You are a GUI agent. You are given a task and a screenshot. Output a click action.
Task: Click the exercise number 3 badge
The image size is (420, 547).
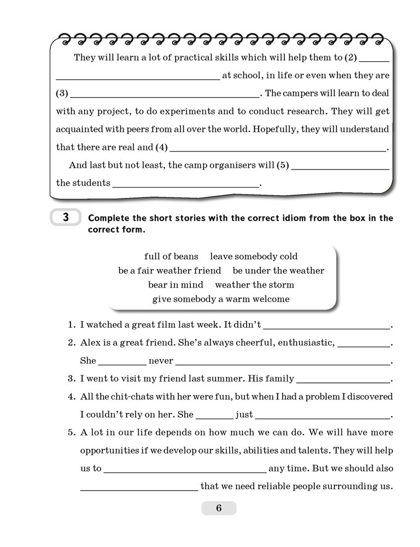click(65, 218)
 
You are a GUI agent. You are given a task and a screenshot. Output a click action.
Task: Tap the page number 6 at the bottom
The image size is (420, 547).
click(219, 508)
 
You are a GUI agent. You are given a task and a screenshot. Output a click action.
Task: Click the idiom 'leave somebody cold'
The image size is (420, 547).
click(254, 256)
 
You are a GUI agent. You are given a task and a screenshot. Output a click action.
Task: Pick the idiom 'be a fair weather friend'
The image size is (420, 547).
click(170, 270)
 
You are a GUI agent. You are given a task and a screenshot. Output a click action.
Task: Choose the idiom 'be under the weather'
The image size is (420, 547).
click(278, 270)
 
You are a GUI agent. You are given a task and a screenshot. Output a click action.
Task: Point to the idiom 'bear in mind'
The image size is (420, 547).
click(176, 284)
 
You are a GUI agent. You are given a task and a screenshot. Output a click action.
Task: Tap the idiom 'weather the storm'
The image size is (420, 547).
click(254, 284)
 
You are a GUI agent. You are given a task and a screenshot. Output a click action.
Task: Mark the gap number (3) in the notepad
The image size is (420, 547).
click(62, 93)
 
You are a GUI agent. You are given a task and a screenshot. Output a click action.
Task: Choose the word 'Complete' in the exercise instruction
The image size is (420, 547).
click(109, 218)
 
